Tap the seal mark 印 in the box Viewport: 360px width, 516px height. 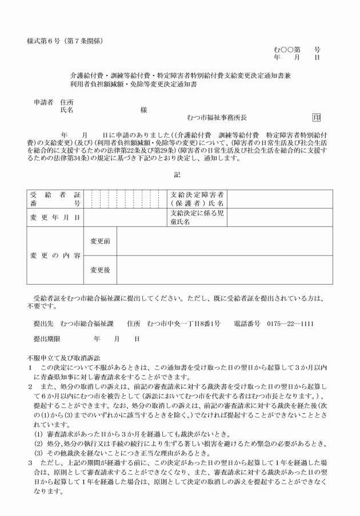click(x=317, y=118)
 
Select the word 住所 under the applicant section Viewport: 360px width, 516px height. click(x=67, y=102)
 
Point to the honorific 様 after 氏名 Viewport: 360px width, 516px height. click(x=143, y=110)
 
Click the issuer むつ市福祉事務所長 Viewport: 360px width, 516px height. click(x=217, y=118)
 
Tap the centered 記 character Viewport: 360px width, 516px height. click(x=177, y=175)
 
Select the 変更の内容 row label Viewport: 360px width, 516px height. click(x=55, y=255)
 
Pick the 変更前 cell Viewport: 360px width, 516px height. click(x=101, y=241)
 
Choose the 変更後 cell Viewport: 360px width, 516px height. click(x=101, y=270)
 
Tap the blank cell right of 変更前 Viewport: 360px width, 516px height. click(x=224, y=241)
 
